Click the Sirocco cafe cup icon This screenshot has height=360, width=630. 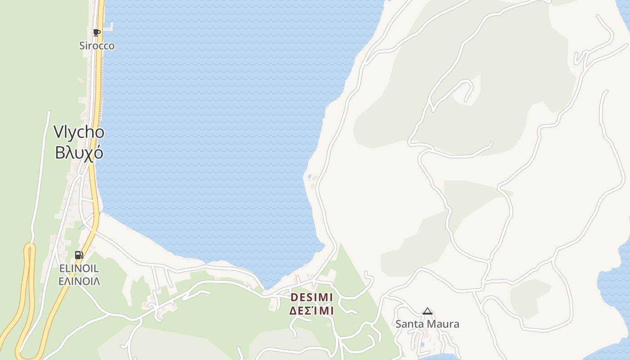coord(96,32)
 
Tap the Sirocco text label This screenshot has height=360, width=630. coord(97,46)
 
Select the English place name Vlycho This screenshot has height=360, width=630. coord(79,132)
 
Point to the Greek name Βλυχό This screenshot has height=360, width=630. coord(79,153)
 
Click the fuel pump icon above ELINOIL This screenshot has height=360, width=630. coord(79,255)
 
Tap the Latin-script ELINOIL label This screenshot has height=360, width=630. coord(79,269)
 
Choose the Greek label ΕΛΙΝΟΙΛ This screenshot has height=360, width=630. coord(79,282)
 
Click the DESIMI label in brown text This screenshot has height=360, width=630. coord(311,297)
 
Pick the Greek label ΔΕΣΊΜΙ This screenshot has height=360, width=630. coord(311,311)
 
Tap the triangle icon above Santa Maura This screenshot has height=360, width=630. coord(427,311)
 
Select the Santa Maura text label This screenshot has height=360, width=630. coord(427,324)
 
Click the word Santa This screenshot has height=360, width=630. coord(409,324)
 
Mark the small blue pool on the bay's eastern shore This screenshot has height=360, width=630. coord(309,176)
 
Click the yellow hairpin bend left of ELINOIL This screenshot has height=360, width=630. coord(30,247)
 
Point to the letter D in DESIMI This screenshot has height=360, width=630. coord(294,297)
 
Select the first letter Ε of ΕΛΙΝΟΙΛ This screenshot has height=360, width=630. coord(61,282)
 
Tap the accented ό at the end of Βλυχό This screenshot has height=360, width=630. coord(99,153)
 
